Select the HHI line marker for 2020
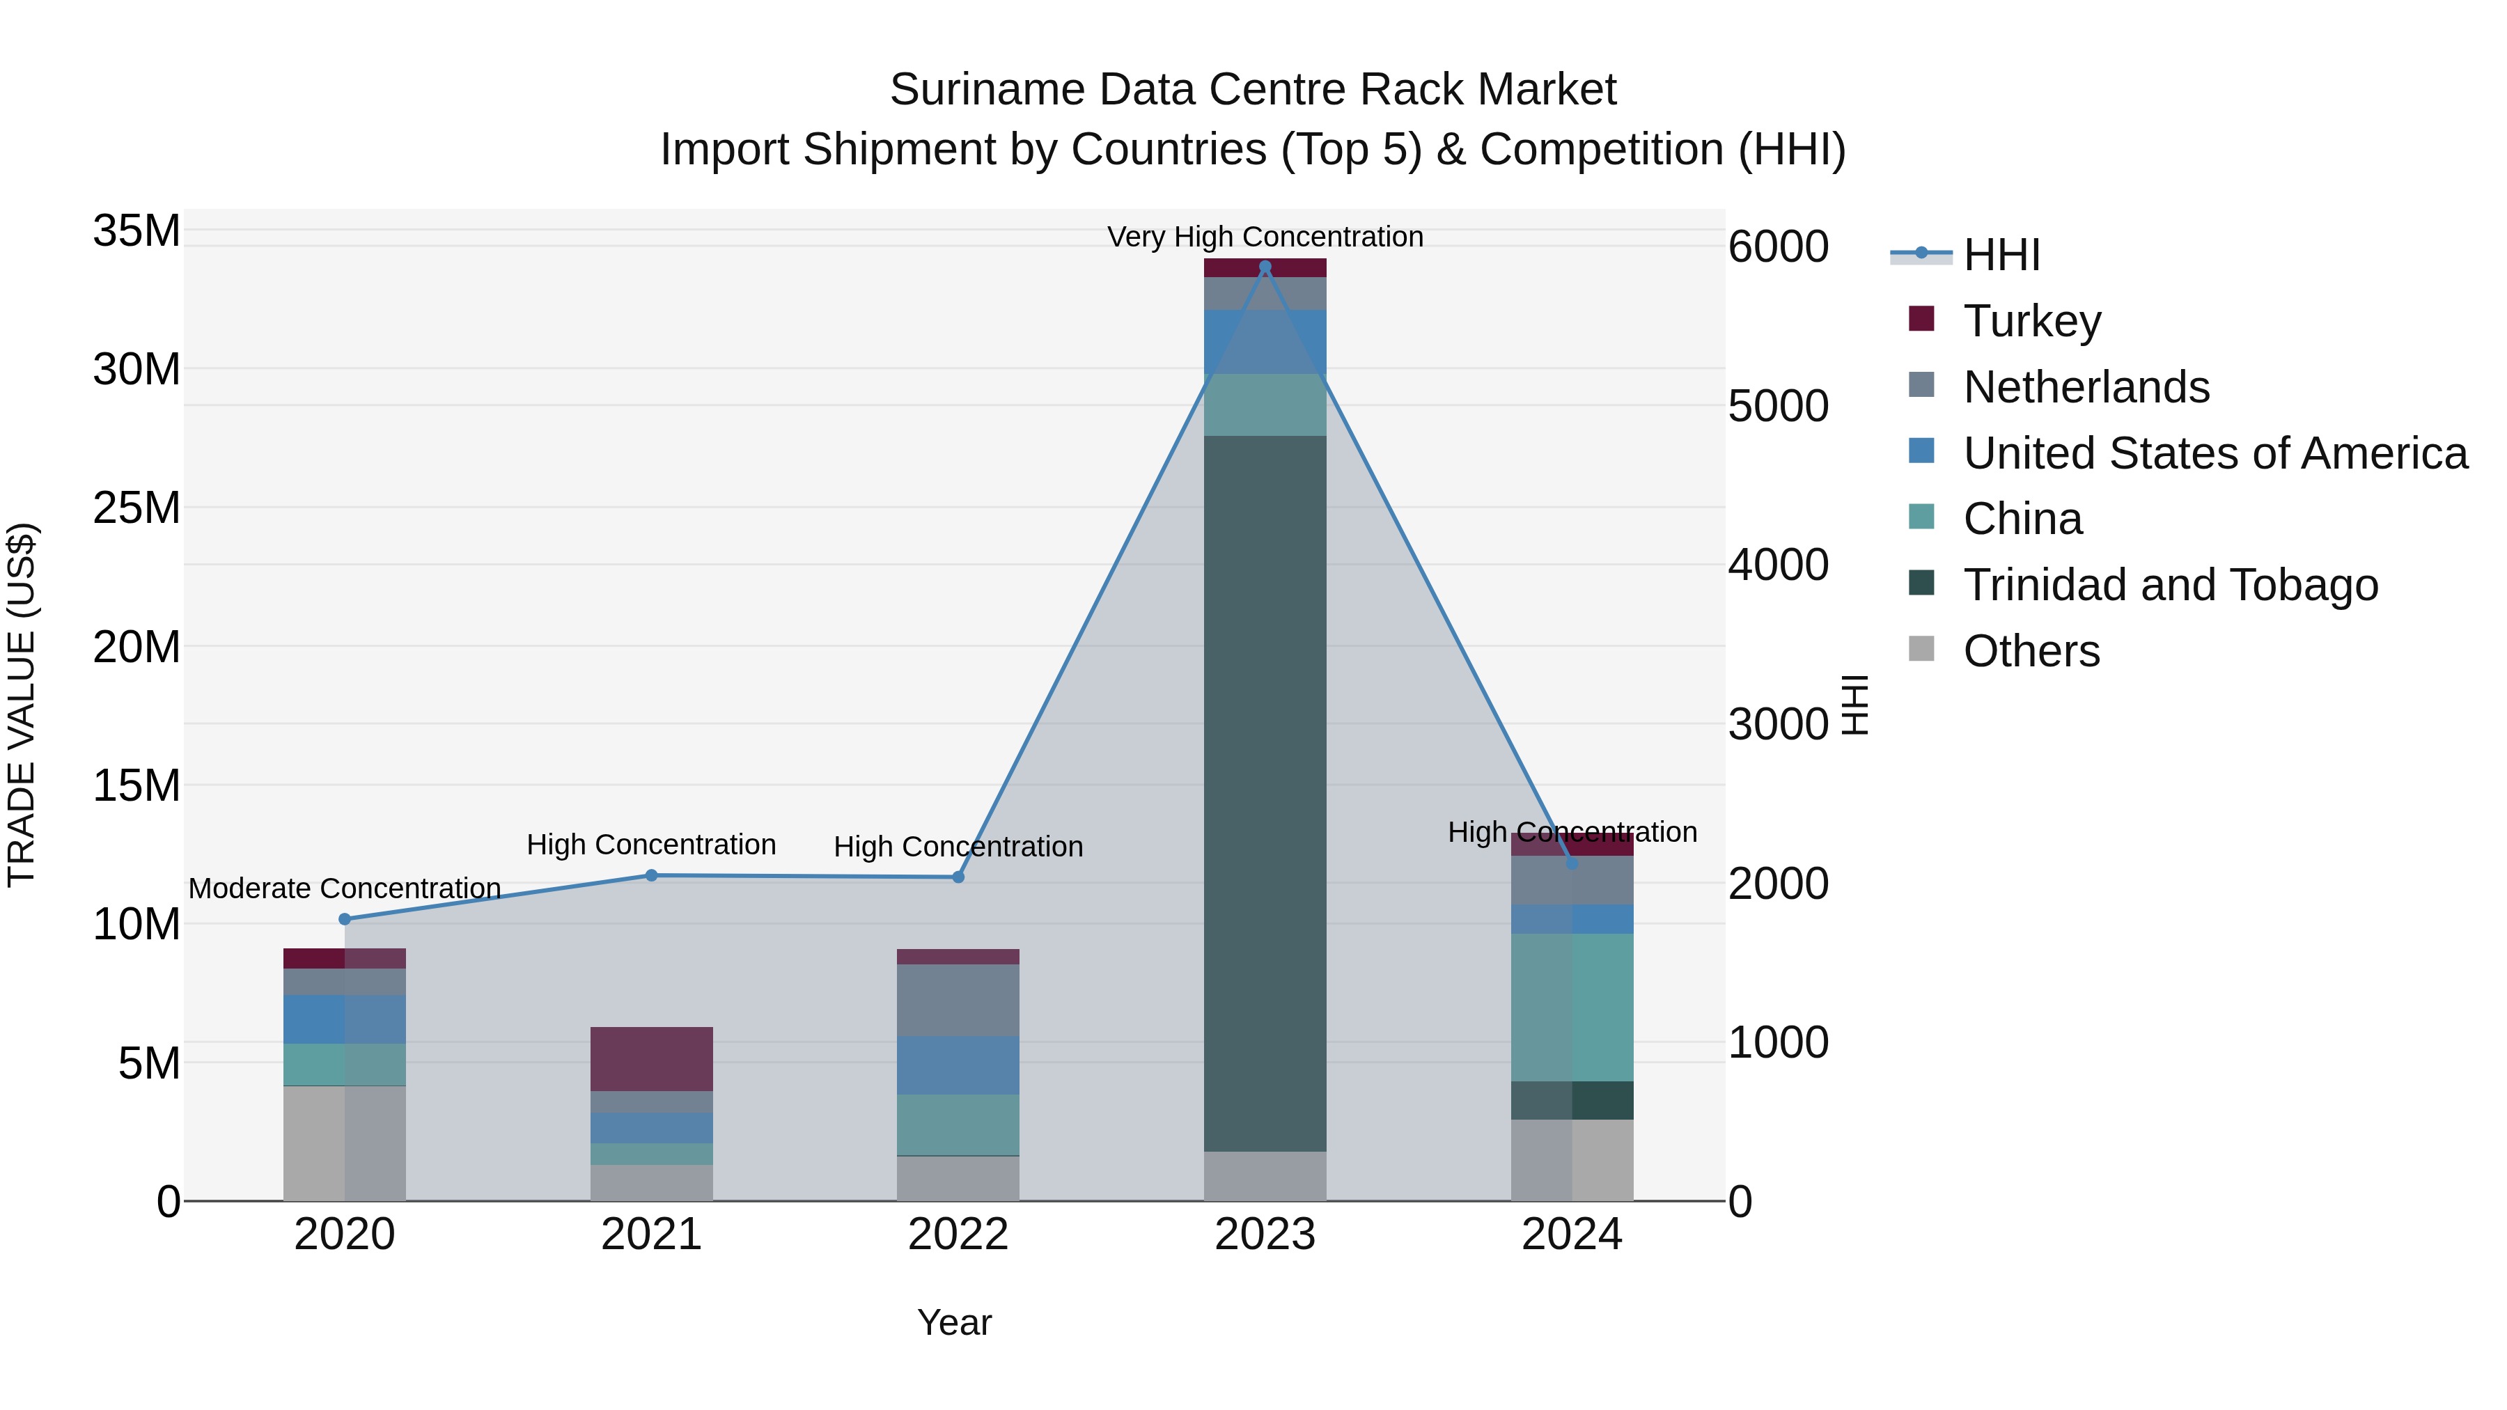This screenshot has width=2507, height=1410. pyautogui.click(x=345, y=918)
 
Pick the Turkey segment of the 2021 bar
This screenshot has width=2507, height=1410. pyautogui.click(x=651, y=1058)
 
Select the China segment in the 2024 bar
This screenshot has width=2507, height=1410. pyautogui.click(x=1572, y=1007)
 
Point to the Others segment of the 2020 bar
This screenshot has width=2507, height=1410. pyautogui.click(x=345, y=1143)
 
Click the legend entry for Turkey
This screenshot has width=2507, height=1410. pyautogui.click(x=2032, y=321)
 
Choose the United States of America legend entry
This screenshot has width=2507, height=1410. pyautogui.click(x=2215, y=453)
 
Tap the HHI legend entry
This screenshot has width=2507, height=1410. pyautogui.click(x=2001, y=255)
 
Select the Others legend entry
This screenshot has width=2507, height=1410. pyautogui.click(x=2031, y=651)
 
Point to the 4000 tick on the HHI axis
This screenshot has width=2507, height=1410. pyautogui.click(x=1778, y=565)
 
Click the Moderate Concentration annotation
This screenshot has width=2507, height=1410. pyautogui.click(x=345, y=888)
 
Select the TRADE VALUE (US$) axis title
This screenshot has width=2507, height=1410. pyautogui.click(x=22, y=705)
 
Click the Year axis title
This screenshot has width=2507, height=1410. pyautogui.click(x=954, y=1322)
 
